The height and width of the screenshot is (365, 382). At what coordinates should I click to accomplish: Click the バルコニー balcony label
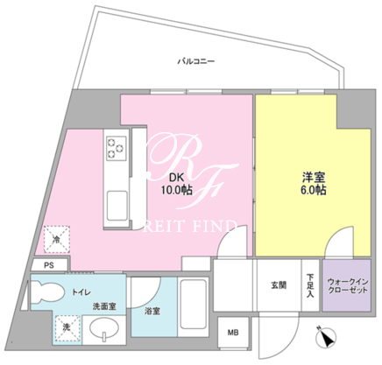point(196,61)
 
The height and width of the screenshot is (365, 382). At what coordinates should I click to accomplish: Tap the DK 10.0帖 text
point(176,184)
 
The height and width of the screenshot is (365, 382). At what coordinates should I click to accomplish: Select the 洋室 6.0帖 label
point(313,184)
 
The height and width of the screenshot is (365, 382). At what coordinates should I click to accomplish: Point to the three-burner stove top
point(116,148)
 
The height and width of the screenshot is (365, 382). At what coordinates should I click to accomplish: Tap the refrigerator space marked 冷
point(57,239)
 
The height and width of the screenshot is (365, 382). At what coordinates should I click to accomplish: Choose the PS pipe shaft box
point(49,265)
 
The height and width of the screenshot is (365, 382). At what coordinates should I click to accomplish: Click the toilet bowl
point(46,291)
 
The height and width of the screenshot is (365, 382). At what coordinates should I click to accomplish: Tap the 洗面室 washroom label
point(104,306)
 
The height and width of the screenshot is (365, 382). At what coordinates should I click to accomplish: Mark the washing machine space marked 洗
point(67,329)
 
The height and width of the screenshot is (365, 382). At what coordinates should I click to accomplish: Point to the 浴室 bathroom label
point(152,311)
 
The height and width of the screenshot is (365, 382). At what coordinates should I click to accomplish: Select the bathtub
point(194,305)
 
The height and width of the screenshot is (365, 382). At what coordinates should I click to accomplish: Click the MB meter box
point(233,333)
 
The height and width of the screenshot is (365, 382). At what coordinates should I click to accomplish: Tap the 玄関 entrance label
point(279,285)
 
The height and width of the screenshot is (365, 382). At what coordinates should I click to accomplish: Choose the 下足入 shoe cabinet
point(310,285)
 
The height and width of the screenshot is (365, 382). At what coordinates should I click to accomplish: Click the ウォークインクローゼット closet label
point(347,286)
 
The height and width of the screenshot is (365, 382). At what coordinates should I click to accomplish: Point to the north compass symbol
point(326,337)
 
